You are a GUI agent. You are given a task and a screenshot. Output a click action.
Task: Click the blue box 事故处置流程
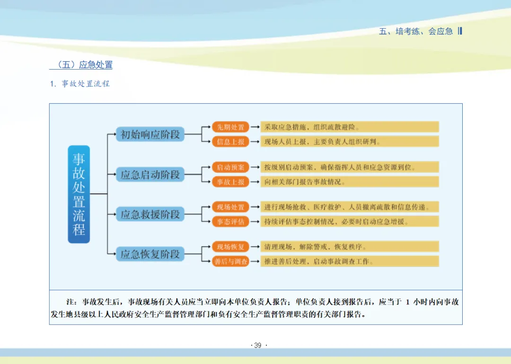tap(79, 194)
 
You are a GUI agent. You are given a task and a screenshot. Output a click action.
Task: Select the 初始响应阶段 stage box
tap(150, 134)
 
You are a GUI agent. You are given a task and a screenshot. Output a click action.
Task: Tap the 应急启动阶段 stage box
tap(150, 175)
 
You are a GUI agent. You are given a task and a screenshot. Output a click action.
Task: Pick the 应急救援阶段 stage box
tap(150, 214)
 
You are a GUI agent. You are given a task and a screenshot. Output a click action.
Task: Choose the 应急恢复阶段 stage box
tap(150, 254)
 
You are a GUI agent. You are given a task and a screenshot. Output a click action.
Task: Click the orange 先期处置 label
tap(230, 127)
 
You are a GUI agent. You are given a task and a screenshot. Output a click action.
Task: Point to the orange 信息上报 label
tap(230, 142)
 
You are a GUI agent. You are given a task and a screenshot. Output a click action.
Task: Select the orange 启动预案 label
tap(230, 167)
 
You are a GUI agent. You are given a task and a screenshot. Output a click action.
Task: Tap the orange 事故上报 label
tap(230, 182)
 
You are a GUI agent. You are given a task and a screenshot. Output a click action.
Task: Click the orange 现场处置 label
tap(230, 207)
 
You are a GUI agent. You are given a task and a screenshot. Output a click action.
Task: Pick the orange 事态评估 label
tap(230, 222)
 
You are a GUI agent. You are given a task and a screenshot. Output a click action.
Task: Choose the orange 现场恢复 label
tap(230, 247)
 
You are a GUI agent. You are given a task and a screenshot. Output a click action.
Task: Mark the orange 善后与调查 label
tap(230, 261)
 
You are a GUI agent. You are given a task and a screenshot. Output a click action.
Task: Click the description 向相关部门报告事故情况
tap(305, 182)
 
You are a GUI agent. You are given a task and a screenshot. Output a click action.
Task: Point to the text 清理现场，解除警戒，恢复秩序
tap(316, 247)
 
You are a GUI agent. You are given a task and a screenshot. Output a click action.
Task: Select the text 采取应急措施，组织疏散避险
tap(312, 127)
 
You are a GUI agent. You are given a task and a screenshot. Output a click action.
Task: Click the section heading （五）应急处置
tap(81, 65)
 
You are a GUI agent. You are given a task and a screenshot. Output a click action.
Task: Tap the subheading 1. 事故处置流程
tap(80, 84)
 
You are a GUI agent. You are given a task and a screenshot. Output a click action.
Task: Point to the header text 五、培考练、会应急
tap(416, 31)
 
